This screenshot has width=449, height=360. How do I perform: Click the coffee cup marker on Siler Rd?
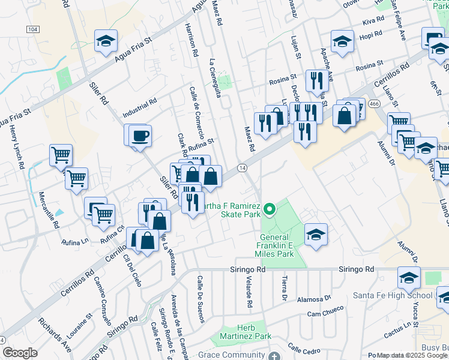pyautogui.click(x=140, y=136)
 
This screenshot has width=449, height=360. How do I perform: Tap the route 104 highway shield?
pyautogui.click(x=33, y=29)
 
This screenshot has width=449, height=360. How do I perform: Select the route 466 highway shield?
pyautogui.click(x=375, y=104)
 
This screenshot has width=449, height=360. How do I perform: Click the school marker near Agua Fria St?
pyautogui.click(x=106, y=41)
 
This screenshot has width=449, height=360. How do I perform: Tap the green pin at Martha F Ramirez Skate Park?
pyautogui.click(x=270, y=209)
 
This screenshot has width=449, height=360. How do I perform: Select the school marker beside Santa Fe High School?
pyautogui.click(x=409, y=278)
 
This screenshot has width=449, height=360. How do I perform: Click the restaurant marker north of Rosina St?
pyautogui.click(x=316, y=80)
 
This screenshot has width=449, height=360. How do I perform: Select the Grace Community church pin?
pyautogui.click(x=274, y=355)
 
